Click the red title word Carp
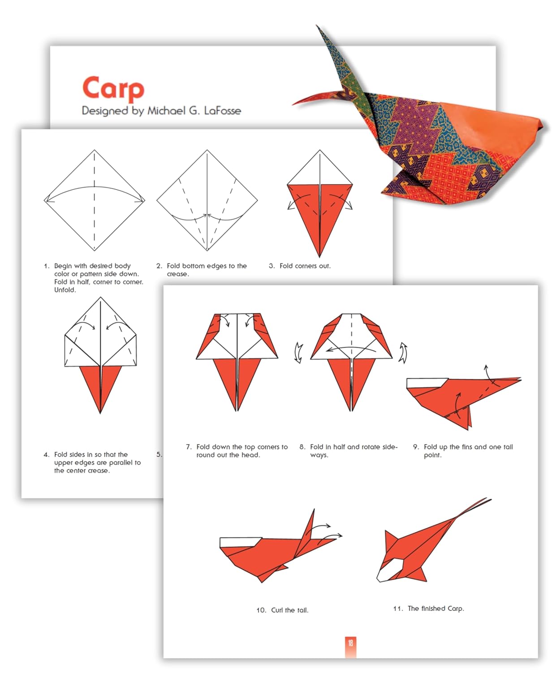click(x=113, y=88)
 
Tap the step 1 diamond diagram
click(x=95, y=201)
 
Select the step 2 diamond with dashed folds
click(x=207, y=201)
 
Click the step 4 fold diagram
click(x=100, y=354)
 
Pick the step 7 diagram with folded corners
click(x=237, y=359)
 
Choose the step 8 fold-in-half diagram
click(x=352, y=359)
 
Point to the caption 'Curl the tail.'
click(x=289, y=610)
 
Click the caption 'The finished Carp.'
click(x=435, y=608)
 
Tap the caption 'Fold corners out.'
click(x=305, y=266)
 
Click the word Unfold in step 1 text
click(x=65, y=290)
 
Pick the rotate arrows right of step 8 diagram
click(x=403, y=352)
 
